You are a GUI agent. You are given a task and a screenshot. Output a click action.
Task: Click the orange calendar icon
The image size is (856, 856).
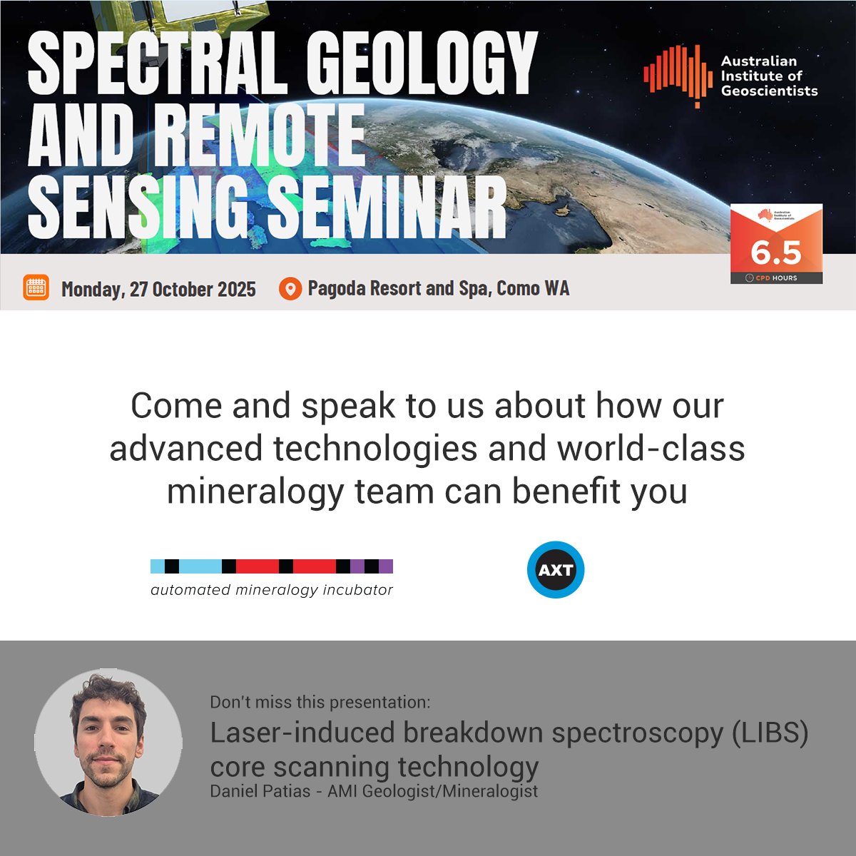pyautogui.click(x=36, y=287)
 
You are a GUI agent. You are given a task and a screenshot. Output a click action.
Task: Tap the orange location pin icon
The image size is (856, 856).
pyautogui.click(x=290, y=289)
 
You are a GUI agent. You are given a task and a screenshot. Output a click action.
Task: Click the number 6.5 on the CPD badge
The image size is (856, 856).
pyautogui.click(x=776, y=253)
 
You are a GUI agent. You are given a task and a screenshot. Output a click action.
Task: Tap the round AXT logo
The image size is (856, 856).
pyautogui.click(x=556, y=571)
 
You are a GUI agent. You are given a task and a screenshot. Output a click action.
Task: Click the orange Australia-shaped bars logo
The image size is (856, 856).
pyautogui.click(x=678, y=75)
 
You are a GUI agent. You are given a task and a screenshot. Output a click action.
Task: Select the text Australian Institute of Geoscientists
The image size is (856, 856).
pyautogui.click(x=768, y=76)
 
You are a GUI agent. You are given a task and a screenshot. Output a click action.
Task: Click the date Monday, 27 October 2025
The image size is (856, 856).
pyautogui.click(x=158, y=289)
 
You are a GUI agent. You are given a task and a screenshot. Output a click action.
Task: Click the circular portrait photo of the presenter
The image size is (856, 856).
pyautogui.click(x=108, y=743)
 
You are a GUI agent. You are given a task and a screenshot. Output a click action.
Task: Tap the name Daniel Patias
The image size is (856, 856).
pyautogui.click(x=261, y=791)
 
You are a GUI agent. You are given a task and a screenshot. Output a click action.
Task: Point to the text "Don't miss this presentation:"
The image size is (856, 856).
pyautogui.click(x=320, y=702)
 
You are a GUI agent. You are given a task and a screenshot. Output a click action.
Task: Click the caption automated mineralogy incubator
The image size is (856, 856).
pyautogui.click(x=272, y=590)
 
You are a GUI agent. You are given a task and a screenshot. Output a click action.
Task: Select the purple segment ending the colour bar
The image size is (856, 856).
pyautogui.click(x=385, y=566)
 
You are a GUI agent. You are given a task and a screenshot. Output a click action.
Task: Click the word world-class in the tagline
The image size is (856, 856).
pyautogui.click(x=651, y=449)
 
